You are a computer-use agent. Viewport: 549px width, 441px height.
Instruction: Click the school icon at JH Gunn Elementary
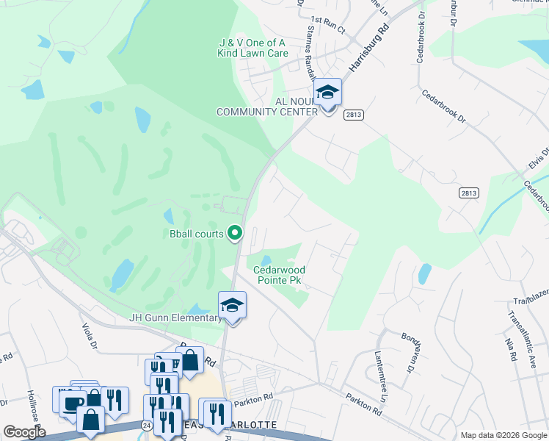[232, 304]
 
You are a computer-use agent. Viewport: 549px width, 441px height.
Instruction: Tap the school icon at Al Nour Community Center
[328, 92]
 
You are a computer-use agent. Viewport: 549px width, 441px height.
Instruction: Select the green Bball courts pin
[235, 234]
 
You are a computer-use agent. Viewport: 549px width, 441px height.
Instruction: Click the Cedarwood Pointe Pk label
[279, 276]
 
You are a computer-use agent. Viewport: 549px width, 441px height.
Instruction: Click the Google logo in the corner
[23, 432]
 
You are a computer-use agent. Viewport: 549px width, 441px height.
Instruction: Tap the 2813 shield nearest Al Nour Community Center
[353, 115]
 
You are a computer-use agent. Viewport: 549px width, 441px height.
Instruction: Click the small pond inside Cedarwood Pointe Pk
[266, 260]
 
